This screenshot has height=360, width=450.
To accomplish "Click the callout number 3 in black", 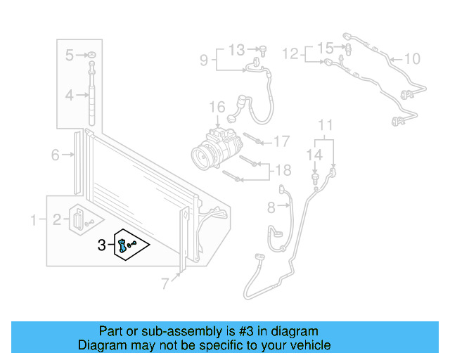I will (x=102, y=245).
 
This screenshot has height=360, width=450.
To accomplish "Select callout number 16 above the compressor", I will (x=217, y=108).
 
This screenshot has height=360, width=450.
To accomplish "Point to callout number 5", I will (x=70, y=55).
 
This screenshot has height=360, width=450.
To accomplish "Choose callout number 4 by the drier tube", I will (x=70, y=94).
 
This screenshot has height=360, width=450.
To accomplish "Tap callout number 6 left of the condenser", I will (x=55, y=155).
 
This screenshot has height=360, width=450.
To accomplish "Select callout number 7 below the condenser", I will (x=166, y=284).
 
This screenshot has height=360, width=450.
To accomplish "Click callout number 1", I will (x=32, y=221).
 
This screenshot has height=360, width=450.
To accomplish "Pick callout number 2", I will (x=56, y=221).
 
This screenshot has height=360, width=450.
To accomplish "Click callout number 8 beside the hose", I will (x=271, y=207).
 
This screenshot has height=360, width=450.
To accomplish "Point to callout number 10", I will (x=412, y=58).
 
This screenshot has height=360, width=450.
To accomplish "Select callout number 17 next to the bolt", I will (x=281, y=142).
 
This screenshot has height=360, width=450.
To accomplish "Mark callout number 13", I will (x=237, y=49).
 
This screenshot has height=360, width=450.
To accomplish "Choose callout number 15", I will (x=324, y=48).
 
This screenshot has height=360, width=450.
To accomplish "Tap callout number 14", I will (x=314, y=154).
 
